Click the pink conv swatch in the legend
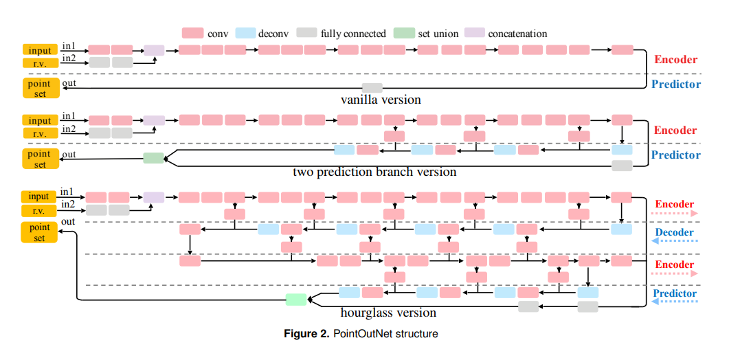point(192,33)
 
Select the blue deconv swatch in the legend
point(245,33)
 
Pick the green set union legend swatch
point(404,33)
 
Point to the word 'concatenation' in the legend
point(517,33)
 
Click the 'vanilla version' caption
point(381,100)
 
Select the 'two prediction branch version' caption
point(374,171)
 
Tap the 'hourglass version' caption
point(388,313)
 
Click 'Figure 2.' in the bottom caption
point(307,335)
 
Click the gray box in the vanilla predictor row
point(372,87)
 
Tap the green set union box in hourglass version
point(295,299)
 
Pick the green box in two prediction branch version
point(153,158)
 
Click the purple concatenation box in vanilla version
point(154,49)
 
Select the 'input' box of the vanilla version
point(40,50)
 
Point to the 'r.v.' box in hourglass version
point(38,210)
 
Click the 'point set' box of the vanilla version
point(40,88)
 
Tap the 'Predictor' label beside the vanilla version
point(675,85)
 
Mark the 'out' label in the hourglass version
point(68,222)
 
